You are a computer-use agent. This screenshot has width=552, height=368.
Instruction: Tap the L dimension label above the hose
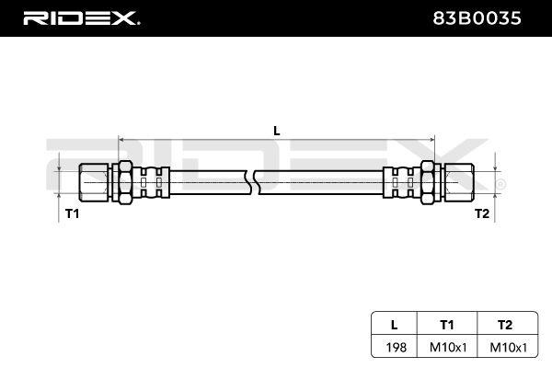276,131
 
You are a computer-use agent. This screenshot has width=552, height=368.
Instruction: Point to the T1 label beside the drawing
72,213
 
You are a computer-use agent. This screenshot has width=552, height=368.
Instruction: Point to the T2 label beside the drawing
481,213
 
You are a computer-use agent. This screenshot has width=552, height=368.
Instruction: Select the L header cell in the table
394,324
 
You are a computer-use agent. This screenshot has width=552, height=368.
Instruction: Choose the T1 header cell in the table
447,324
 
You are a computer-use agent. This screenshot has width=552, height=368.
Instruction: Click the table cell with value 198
394,348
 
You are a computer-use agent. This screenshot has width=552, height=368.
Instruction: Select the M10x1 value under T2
504,348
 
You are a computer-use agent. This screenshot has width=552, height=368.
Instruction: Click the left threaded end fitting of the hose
93,180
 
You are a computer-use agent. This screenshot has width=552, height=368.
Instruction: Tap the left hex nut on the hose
123,180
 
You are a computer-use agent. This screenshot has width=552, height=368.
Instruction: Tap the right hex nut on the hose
428,180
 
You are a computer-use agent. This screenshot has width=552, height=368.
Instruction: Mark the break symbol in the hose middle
254,180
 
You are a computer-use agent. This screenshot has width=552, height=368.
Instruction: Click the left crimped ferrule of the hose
153,180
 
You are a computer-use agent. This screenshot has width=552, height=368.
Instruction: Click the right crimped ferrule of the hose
399,180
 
